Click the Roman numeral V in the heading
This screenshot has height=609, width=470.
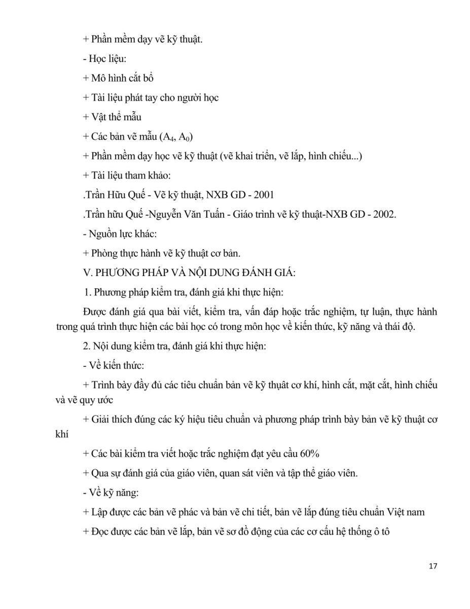(x=85, y=273)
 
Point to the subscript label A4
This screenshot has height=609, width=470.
(x=167, y=137)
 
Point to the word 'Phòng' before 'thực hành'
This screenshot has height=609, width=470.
(x=104, y=253)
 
